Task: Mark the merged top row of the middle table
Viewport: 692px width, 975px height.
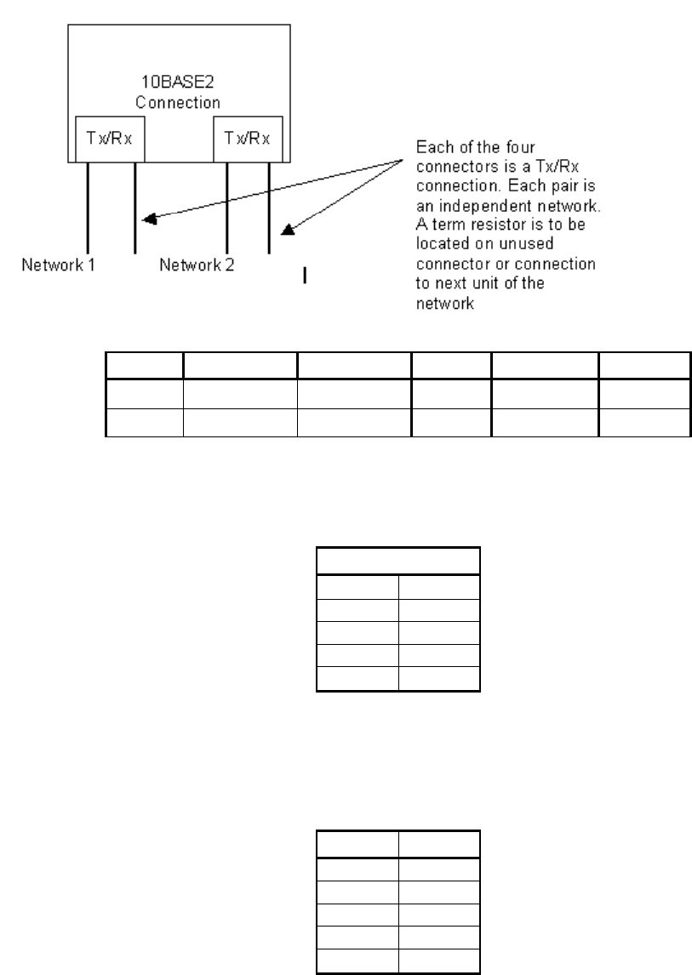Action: pyautogui.click(x=398, y=562)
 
